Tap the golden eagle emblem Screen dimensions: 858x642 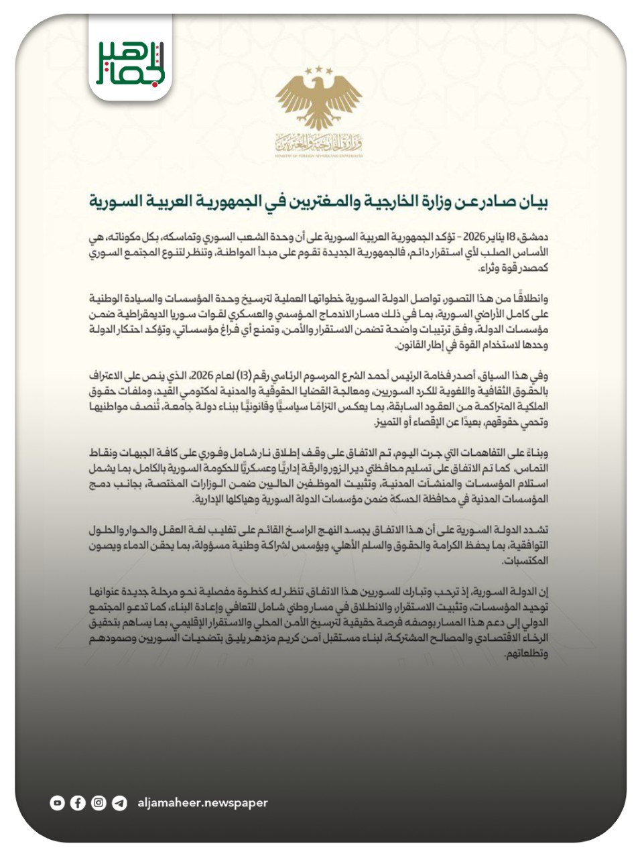pos(319,101)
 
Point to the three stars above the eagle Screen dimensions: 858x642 pos(319,70)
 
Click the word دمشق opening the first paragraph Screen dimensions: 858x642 pos(535,237)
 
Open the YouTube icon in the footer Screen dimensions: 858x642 pos(58,802)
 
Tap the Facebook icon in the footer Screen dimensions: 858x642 pos(78,802)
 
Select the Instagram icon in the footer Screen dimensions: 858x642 pos(99,802)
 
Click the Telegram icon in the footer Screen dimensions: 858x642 pos(119,802)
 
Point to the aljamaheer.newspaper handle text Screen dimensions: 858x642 pos(202,802)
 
